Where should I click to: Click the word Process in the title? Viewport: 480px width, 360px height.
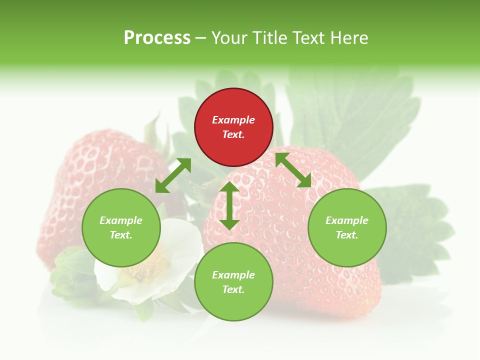(x=157, y=38)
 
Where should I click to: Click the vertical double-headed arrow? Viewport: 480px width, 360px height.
(x=229, y=205)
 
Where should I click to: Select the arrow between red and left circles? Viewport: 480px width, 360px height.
(x=173, y=175)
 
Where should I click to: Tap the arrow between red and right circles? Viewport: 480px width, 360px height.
(x=293, y=170)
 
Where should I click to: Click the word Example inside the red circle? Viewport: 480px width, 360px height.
(x=233, y=120)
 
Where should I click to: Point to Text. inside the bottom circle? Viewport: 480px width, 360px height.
(x=233, y=289)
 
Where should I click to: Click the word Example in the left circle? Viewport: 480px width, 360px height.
(x=121, y=220)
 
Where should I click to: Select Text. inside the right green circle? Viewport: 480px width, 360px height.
(x=347, y=235)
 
